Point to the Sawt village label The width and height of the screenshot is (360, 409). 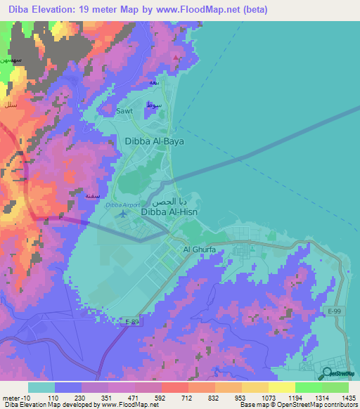click(x=124, y=111)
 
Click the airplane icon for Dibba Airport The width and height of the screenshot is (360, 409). click(x=125, y=213)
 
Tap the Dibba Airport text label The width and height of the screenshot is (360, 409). click(x=124, y=204)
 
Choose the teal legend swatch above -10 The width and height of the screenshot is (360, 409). click(x=41, y=387)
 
